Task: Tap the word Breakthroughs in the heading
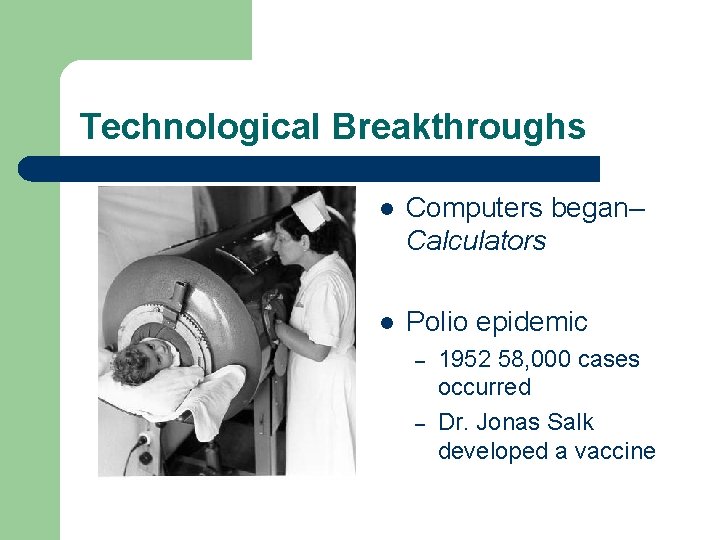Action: coord(459,127)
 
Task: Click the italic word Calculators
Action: coord(476,241)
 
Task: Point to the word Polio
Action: coord(436,322)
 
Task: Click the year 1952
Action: coord(466,359)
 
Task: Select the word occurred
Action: coord(484,387)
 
